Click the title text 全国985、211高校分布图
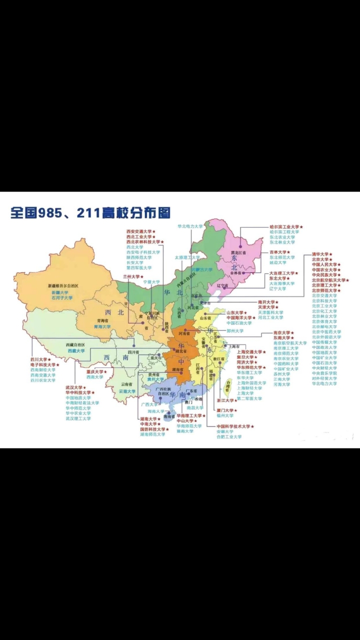[x=90, y=212]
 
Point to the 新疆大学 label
[x=59, y=292]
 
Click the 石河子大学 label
[x=61, y=298]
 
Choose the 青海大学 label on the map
[x=103, y=326]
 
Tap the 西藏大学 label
[x=77, y=351]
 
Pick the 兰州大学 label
[x=131, y=276]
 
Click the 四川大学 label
[x=38, y=359]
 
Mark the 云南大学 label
[x=127, y=391]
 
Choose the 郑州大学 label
[x=234, y=331]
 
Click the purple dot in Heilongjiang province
[x=240, y=245]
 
